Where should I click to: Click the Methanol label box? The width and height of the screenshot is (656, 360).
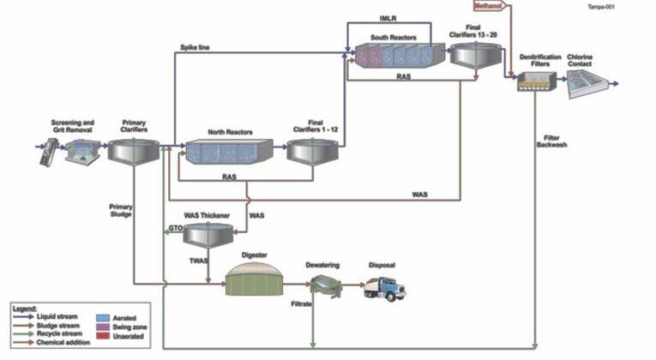click(491, 7)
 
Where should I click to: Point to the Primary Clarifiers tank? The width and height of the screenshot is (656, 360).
click(135, 152)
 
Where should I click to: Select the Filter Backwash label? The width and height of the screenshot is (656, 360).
click(563, 143)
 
